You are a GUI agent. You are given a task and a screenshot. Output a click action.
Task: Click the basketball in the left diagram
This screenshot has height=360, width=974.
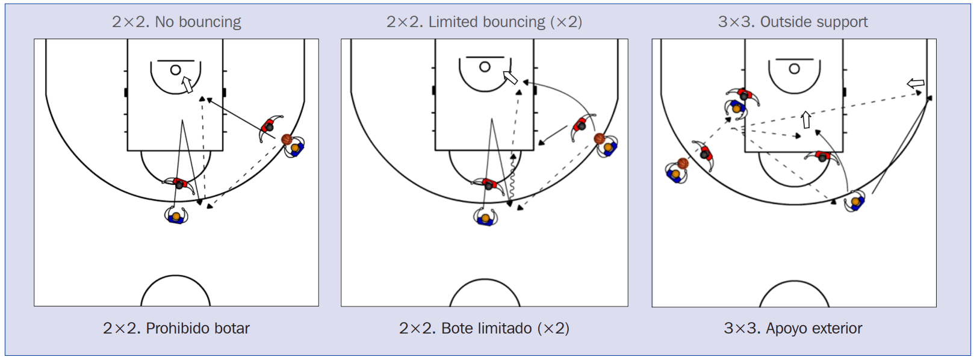[287, 140]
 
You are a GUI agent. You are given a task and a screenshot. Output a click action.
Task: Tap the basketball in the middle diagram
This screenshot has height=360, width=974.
[599, 138]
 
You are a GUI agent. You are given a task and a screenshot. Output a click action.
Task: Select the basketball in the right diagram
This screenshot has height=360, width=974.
[683, 163]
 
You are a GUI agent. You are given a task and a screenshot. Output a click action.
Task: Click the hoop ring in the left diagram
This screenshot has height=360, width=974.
[175, 70]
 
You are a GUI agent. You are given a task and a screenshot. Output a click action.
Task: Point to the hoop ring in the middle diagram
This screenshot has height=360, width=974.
[485, 67]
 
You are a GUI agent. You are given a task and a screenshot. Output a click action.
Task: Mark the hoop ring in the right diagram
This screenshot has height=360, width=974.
[794, 69]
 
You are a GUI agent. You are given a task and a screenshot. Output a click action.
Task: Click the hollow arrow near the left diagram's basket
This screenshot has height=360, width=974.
[187, 84]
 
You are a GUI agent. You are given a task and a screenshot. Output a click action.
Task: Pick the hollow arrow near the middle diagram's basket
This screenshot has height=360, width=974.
[510, 78]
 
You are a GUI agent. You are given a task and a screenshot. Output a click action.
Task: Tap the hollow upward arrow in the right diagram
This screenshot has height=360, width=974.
[806, 119]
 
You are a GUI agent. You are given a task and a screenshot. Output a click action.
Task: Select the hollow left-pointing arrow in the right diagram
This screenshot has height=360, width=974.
[916, 83]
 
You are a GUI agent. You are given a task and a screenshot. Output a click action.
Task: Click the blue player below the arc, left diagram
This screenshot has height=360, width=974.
[176, 216]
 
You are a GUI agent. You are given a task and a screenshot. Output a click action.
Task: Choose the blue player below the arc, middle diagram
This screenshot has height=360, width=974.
[485, 217]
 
